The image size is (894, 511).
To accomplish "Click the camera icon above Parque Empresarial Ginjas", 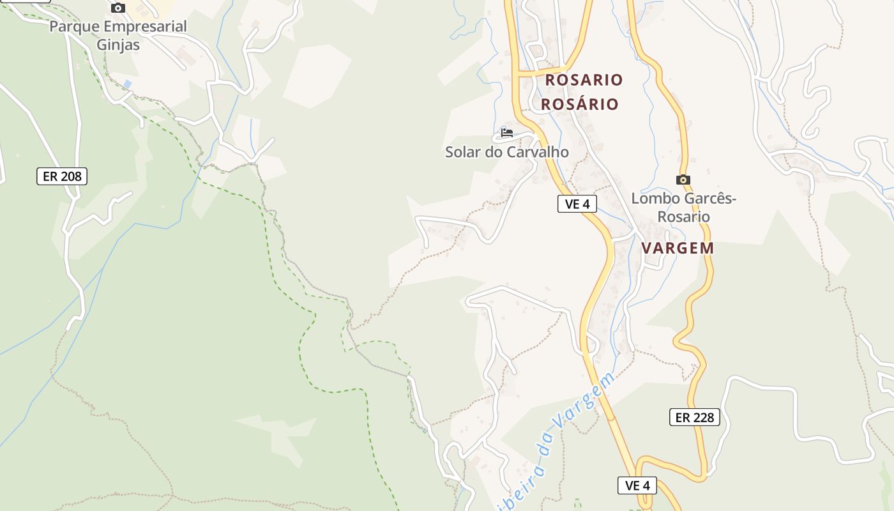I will coord(118,8).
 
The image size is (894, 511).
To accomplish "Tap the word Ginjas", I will coord(118,45).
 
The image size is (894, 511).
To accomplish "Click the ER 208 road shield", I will coord(61,176).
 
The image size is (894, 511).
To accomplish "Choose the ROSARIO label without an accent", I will coord(584,80).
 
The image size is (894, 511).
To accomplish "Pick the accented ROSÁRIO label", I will coord(580,104).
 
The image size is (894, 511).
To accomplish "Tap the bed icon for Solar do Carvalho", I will coord(507,133).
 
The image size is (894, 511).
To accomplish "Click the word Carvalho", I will coord(537,152).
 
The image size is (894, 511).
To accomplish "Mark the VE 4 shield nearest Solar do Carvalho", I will coord(577,204).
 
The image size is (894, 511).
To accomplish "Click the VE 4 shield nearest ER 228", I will coord(637,485).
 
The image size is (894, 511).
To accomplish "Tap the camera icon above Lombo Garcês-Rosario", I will coord(683,180).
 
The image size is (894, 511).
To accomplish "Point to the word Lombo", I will coord(653,199).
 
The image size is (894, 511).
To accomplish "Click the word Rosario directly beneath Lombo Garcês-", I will coord(683,217).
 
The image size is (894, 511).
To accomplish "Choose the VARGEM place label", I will coord(678,248).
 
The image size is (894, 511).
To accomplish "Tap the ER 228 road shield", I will coord(695,418).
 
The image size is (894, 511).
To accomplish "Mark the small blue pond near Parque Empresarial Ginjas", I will coord(128,84).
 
